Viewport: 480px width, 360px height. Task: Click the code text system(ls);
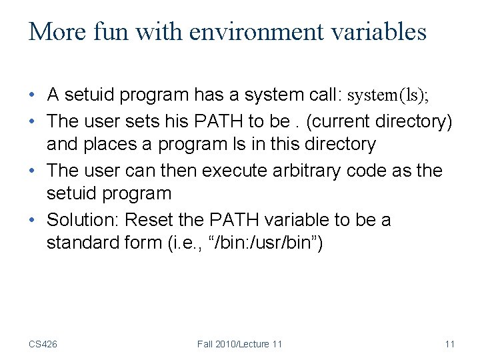click(x=388, y=95)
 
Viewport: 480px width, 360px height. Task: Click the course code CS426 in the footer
click(x=43, y=344)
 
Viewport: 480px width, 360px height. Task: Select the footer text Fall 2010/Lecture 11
click(x=239, y=344)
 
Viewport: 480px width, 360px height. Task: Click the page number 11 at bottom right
click(x=449, y=344)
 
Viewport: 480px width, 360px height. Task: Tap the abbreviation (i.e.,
click(x=184, y=243)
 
